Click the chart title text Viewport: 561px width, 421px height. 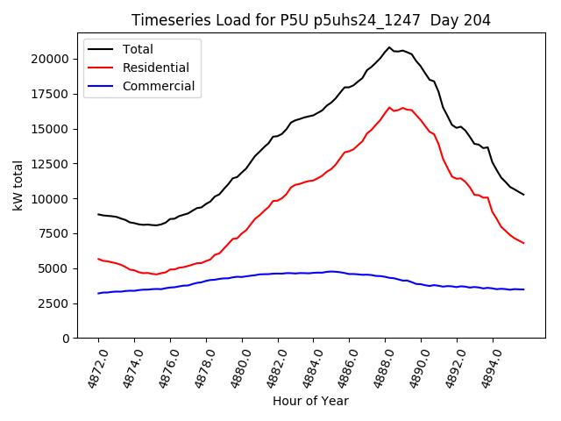click(311, 19)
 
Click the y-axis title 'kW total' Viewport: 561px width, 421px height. click(18, 187)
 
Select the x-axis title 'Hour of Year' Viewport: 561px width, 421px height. click(310, 401)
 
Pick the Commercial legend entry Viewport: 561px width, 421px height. click(159, 86)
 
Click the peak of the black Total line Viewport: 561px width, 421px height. click(389, 47)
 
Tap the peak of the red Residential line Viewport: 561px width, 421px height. click(390, 107)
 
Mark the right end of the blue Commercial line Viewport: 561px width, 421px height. click(523, 289)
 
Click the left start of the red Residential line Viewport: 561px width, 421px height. click(98, 259)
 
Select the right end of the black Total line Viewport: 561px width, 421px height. click(523, 195)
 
